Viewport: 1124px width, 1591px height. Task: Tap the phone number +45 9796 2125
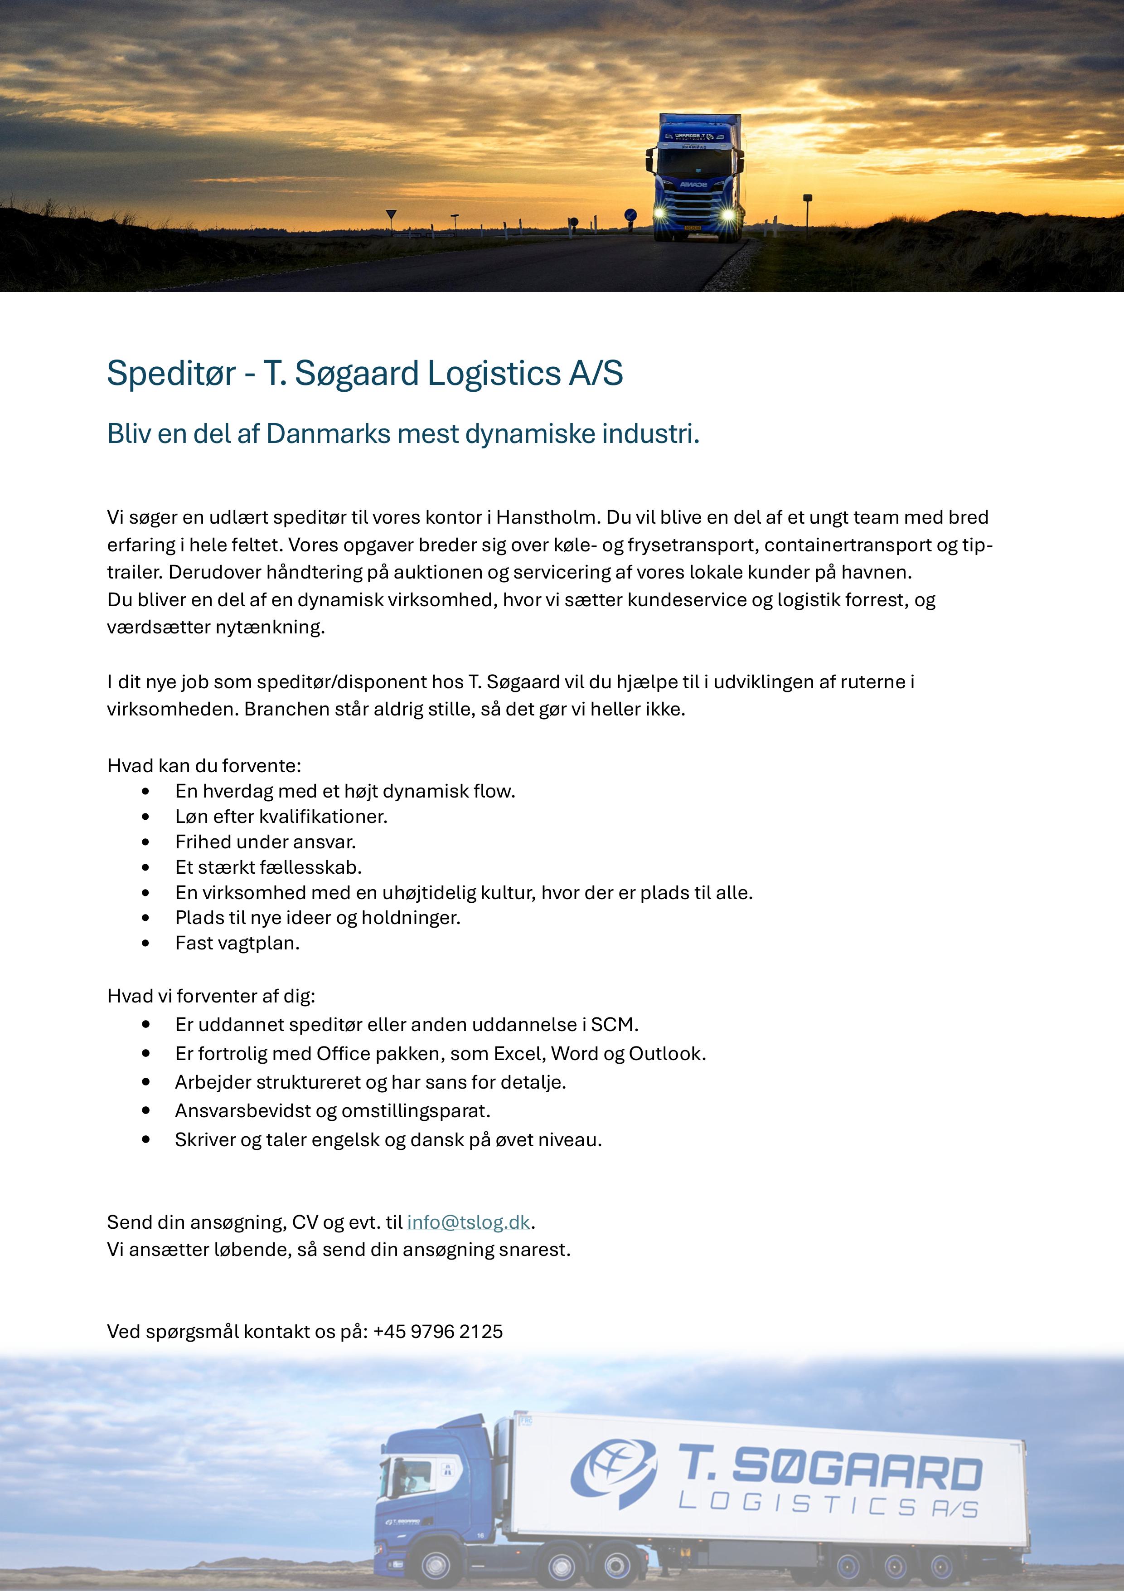(438, 1332)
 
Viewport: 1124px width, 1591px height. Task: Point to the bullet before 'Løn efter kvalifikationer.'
(145, 817)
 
